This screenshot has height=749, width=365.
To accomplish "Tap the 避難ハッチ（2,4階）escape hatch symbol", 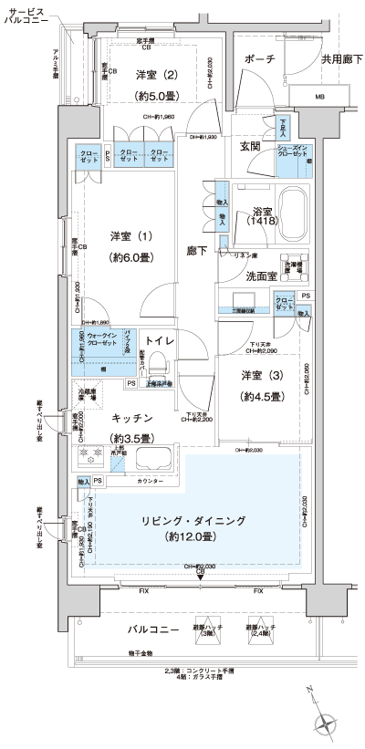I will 257,629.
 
